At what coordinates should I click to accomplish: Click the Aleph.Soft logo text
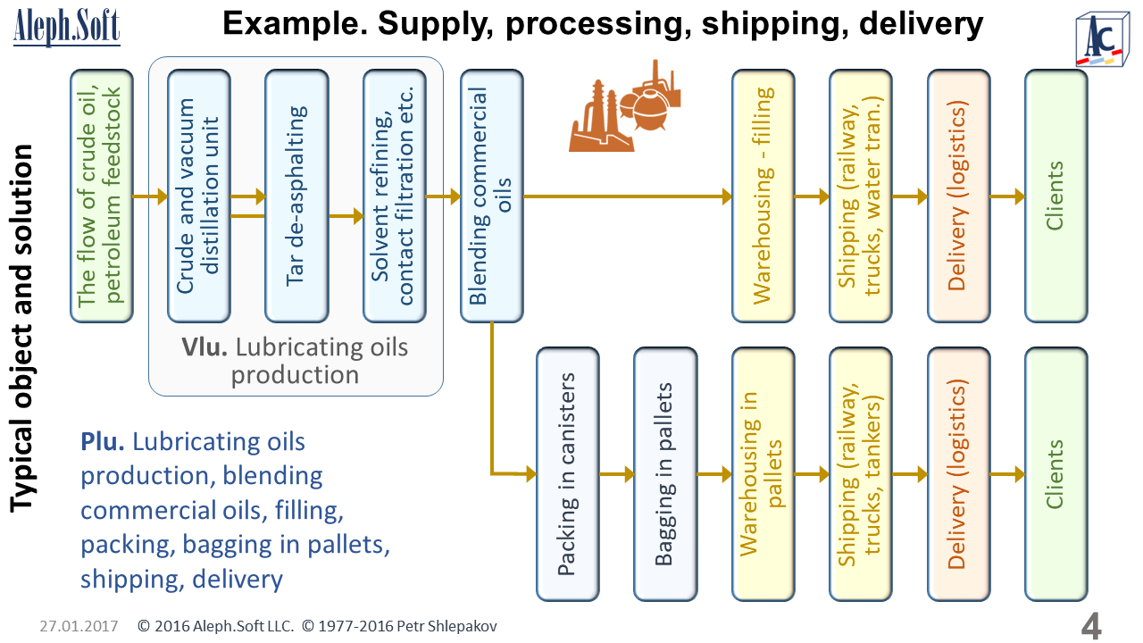click(x=67, y=28)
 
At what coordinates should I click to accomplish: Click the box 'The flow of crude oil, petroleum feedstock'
click(x=101, y=196)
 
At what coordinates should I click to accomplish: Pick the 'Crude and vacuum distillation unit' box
click(x=198, y=196)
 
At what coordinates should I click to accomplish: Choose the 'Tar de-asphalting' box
click(x=296, y=196)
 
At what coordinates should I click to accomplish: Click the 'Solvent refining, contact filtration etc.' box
click(x=394, y=196)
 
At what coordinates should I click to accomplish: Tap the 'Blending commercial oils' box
click(x=491, y=196)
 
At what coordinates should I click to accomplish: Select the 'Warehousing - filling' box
click(x=763, y=196)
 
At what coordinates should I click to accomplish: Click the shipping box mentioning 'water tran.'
click(x=860, y=196)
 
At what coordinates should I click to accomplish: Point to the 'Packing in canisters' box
click(x=567, y=474)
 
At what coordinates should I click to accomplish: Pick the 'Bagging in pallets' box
click(x=665, y=474)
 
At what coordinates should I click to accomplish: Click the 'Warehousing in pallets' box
click(x=763, y=474)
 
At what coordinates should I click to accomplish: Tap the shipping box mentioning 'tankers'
click(x=860, y=474)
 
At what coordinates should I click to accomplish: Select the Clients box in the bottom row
click(x=1055, y=474)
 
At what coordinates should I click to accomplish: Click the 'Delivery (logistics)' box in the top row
click(x=958, y=196)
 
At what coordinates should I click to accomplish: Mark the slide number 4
click(x=1090, y=626)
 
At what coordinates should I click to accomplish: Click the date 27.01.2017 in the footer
click(x=79, y=626)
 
